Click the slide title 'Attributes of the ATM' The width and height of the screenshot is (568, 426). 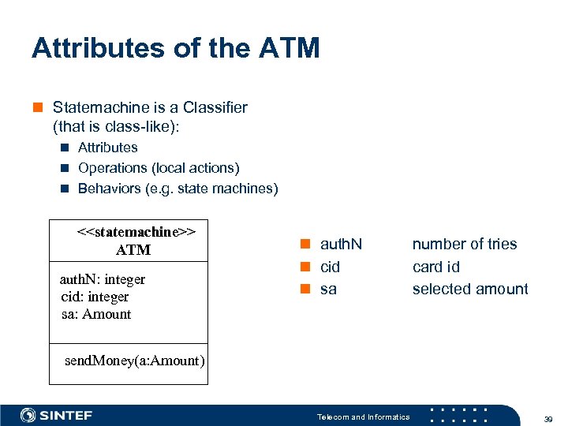(x=175, y=48)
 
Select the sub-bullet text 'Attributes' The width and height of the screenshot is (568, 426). (x=107, y=148)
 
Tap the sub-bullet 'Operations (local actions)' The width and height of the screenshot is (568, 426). (x=158, y=168)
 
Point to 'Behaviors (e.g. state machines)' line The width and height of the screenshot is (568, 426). (x=177, y=189)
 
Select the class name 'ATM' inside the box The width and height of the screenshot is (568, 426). (x=133, y=250)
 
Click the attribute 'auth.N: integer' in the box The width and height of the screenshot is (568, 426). (x=103, y=279)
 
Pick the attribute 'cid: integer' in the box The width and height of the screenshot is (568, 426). (x=95, y=297)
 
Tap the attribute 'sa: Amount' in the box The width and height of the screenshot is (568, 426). (x=96, y=314)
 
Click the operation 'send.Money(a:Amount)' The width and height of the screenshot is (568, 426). (x=134, y=361)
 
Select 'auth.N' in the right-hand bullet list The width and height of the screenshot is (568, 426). (x=341, y=245)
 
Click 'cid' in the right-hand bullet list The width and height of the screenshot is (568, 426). (x=330, y=267)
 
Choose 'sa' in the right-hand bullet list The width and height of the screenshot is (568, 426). (x=328, y=289)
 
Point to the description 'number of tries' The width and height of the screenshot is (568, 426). (x=465, y=245)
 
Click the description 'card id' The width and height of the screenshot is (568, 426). (x=435, y=267)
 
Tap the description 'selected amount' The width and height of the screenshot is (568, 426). (x=470, y=289)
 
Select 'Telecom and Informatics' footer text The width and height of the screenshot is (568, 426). (x=363, y=417)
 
